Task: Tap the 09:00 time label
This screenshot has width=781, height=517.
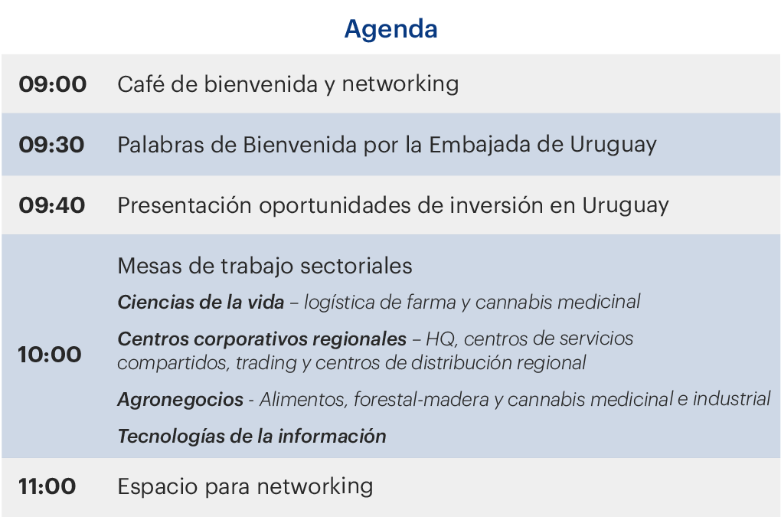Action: (x=53, y=84)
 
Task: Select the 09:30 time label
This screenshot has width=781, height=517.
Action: (x=52, y=145)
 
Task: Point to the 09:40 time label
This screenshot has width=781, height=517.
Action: (x=52, y=205)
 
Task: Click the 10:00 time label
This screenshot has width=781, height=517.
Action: (x=50, y=355)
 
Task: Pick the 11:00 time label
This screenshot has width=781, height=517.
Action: (x=47, y=486)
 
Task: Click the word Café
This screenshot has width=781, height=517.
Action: (x=140, y=83)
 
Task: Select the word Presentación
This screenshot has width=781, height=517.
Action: (x=185, y=205)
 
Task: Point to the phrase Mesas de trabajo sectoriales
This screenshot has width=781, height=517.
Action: (x=265, y=266)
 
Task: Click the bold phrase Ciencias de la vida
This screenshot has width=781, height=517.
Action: (x=201, y=302)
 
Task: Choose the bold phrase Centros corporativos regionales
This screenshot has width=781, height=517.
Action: (x=262, y=339)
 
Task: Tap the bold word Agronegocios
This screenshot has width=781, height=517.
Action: (x=180, y=400)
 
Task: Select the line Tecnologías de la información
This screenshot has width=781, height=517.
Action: (x=252, y=437)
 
